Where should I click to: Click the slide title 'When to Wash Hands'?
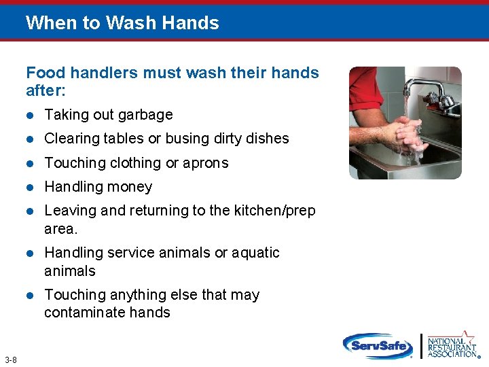(x=122, y=23)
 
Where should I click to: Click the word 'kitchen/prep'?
(x=274, y=211)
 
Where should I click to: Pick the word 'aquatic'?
(x=256, y=253)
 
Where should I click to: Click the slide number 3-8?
(x=11, y=360)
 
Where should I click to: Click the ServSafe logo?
(x=378, y=346)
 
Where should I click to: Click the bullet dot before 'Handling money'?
(x=29, y=187)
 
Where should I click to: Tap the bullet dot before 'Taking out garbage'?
(x=29, y=115)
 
